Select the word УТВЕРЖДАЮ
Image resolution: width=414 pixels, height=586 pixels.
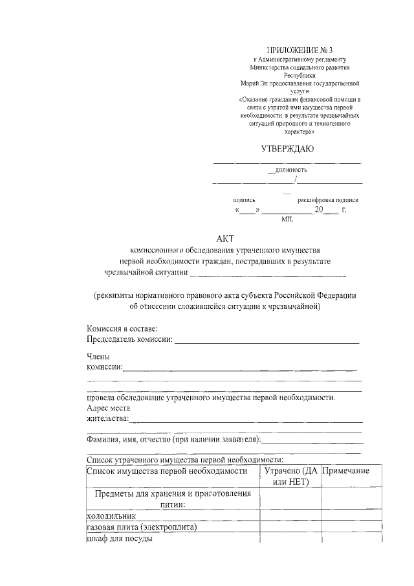(x=287, y=149)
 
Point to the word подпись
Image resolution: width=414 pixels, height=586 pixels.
(x=248, y=200)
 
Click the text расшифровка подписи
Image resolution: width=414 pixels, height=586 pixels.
(x=327, y=200)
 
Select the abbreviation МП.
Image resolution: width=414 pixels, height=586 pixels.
(x=287, y=220)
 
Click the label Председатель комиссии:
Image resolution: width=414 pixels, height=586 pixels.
(x=129, y=339)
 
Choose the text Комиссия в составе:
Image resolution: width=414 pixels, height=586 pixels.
(x=122, y=329)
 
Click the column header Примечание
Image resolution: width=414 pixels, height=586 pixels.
(x=346, y=471)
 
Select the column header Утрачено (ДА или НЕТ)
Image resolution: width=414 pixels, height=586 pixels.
(x=290, y=477)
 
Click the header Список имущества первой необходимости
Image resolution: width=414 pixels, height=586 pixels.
(x=167, y=471)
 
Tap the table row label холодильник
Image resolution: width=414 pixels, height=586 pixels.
(x=111, y=516)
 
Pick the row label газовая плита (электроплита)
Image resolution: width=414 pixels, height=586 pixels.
(x=141, y=527)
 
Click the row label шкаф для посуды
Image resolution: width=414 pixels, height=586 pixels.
(x=119, y=539)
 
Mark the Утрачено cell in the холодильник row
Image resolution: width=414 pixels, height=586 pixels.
(x=290, y=516)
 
